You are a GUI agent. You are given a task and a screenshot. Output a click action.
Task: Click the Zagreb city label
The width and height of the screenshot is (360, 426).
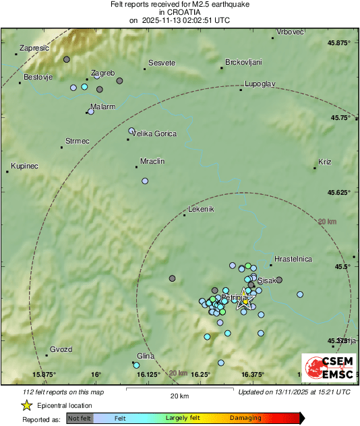[103, 73]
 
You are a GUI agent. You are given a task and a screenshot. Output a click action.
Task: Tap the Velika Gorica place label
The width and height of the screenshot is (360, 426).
[154, 133]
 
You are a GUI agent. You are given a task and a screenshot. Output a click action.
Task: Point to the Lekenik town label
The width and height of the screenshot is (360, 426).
[200, 209]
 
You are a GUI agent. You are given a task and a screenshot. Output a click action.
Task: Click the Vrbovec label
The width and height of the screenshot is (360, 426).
[291, 32]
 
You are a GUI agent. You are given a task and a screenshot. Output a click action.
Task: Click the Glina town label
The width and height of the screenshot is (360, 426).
[146, 356]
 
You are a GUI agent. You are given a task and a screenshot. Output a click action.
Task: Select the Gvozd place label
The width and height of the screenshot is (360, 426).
[61, 348]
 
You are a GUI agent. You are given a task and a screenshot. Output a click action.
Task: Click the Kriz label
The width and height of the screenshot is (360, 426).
[325, 162]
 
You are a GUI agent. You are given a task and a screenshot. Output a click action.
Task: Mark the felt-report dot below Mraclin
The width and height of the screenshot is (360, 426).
[145, 181]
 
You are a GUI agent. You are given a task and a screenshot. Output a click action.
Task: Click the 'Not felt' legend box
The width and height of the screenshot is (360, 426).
[80, 418]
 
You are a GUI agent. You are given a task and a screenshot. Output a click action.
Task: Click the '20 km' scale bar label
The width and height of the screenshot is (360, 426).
[179, 396]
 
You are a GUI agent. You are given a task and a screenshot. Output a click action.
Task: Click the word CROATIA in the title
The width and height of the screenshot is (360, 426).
[179, 12]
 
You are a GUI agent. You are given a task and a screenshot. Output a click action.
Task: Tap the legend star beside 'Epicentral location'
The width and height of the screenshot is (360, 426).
[26, 405]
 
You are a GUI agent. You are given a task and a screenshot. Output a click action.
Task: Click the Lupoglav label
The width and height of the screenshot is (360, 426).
[260, 83]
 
